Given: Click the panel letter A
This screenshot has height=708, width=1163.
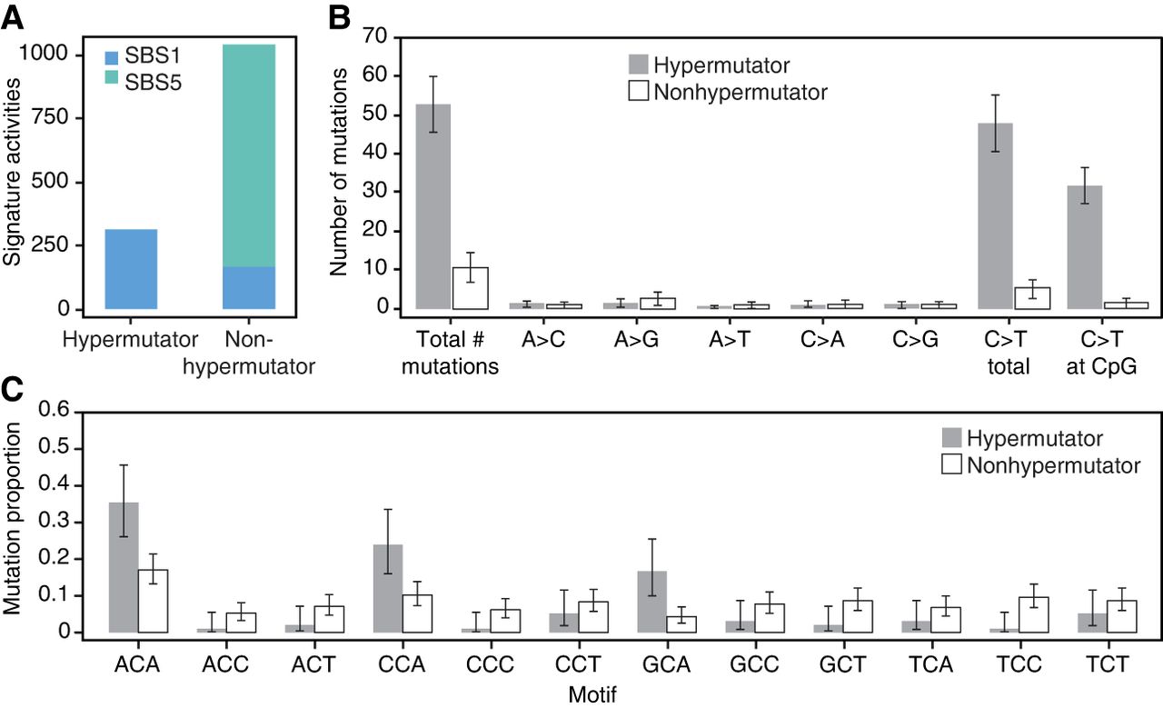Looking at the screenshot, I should pos(13,15).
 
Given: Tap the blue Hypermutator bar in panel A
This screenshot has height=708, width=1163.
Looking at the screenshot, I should pos(132,269).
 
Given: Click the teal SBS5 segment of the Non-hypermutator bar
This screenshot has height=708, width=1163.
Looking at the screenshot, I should pos(249,155).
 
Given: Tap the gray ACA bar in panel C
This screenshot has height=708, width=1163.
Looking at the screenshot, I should pos(123,567).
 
